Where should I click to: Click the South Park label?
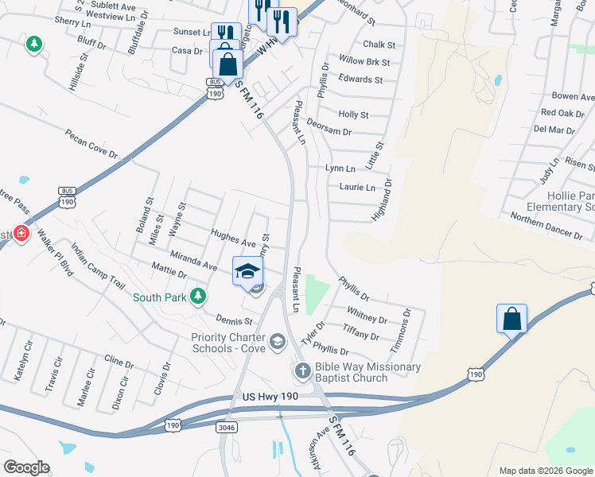point(159,297)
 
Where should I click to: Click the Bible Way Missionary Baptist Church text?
point(367,372)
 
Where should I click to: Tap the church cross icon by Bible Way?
point(302,370)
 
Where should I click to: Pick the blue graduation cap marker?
point(247,270)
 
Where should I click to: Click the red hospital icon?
point(21,234)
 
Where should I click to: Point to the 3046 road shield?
point(227,427)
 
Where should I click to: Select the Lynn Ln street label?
point(340,169)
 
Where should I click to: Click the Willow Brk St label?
point(364,61)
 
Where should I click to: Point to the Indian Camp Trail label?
point(98,266)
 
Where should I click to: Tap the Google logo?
point(26,467)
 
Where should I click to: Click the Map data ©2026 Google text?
point(545,471)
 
